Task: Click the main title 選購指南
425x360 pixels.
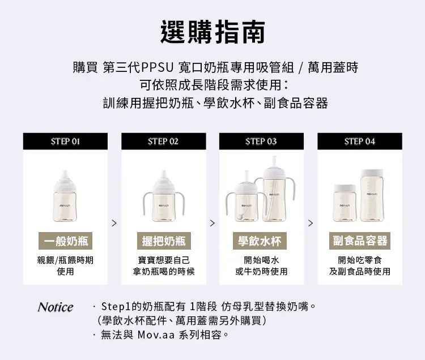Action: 212,32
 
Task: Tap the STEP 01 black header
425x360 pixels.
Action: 65,141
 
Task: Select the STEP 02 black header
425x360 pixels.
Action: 163,141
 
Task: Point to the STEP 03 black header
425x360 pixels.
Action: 261,141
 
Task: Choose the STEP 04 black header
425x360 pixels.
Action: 360,141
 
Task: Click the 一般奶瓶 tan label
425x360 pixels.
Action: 65,241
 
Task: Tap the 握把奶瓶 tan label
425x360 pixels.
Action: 164,241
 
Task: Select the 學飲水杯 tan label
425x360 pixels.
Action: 260,241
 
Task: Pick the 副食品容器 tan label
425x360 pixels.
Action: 360,241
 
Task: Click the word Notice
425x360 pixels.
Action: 56,307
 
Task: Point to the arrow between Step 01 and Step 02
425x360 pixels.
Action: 114,223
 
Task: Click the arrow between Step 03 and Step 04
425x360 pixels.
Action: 311,223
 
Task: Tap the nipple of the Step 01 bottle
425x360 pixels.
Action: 65,175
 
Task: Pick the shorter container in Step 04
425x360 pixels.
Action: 345,203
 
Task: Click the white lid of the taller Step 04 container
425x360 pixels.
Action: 372,173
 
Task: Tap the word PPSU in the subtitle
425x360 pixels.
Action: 157,67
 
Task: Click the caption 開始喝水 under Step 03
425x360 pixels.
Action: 261,260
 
